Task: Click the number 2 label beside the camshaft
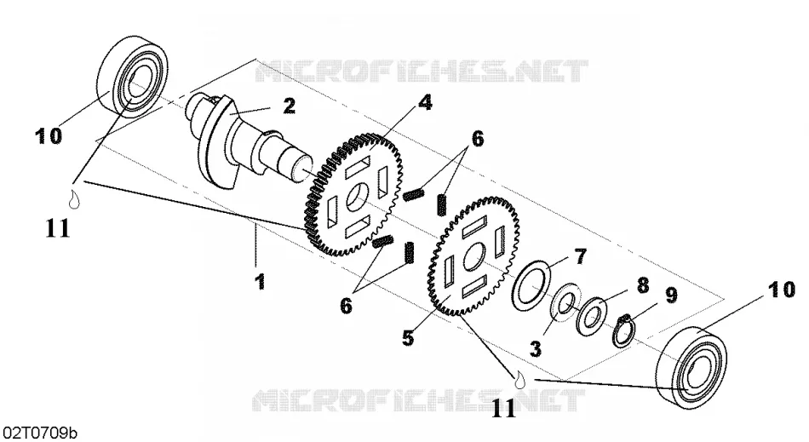coord(289,106)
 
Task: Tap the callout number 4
coord(425,102)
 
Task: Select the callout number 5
coord(408,338)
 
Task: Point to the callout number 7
coord(581,256)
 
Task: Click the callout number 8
coord(642,285)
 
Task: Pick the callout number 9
coord(671,295)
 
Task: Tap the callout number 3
coord(536,349)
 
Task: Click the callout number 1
coord(261,282)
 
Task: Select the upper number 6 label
coord(477,138)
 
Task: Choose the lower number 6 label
coord(346,306)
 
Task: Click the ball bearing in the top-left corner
coord(133,77)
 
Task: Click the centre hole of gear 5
coord(473,257)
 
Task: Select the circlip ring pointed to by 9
coord(623,330)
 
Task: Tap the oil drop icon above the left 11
coord(75,200)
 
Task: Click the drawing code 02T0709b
coord(39,432)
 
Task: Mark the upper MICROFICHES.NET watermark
coord(422,72)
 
